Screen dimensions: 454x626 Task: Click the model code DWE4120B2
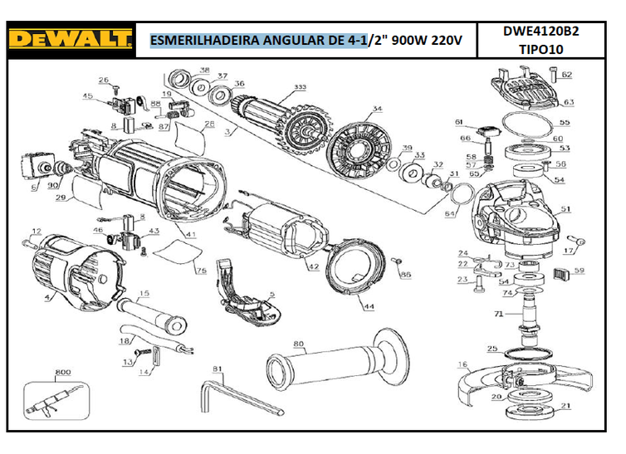click(540, 32)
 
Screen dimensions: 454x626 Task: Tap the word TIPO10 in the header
click(540, 49)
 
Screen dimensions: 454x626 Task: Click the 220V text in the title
click(450, 40)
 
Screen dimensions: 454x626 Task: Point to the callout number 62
click(567, 75)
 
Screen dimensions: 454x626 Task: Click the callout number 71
click(499, 314)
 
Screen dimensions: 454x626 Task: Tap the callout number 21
click(566, 406)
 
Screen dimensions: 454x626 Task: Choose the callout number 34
click(377, 110)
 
